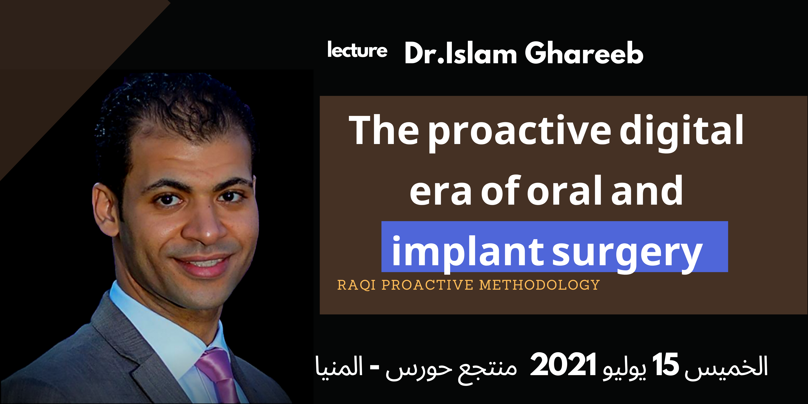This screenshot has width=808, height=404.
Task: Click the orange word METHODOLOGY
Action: [539, 285]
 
